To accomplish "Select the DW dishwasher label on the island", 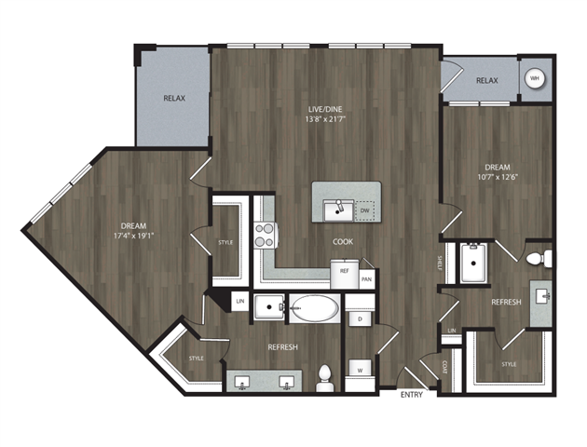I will [365, 210].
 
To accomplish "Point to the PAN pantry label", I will [367, 278].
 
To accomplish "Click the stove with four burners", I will [266, 234].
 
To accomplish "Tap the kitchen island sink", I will [335, 210].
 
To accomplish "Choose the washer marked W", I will [360, 371].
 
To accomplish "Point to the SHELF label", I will [439, 263].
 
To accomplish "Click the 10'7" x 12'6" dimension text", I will [496, 179].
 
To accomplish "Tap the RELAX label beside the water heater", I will [487, 81].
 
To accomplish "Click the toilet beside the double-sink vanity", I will [325, 374].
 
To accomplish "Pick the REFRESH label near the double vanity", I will [282, 347].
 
